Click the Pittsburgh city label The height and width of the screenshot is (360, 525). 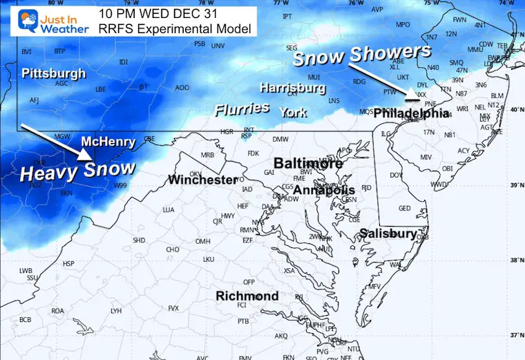(53, 73)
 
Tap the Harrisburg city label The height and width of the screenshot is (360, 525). (292, 88)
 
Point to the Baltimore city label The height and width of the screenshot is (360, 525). (308, 164)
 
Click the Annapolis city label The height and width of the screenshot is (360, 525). (324, 190)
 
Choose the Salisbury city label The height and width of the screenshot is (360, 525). (388, 234)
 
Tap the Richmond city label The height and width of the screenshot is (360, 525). (247, 296)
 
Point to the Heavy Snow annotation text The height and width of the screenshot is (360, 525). (77, 171)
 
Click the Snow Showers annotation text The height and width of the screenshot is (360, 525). (361, 55)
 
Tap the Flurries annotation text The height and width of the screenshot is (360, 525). (242, 108)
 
